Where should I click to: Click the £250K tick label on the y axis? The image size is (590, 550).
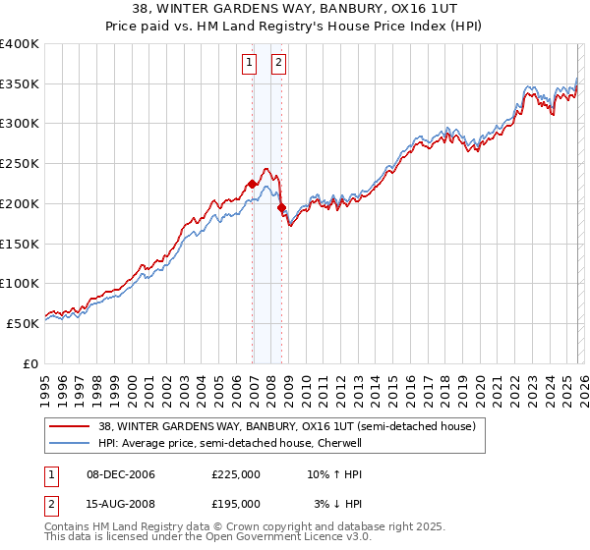[x=20, y=164]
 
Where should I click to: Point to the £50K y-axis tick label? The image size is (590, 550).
[x=23, y=323]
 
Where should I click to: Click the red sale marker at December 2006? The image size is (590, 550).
[x=253, y=184]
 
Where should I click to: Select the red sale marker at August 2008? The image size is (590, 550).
[x=282, y=208]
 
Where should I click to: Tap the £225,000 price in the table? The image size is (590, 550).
[x=236, y=474]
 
